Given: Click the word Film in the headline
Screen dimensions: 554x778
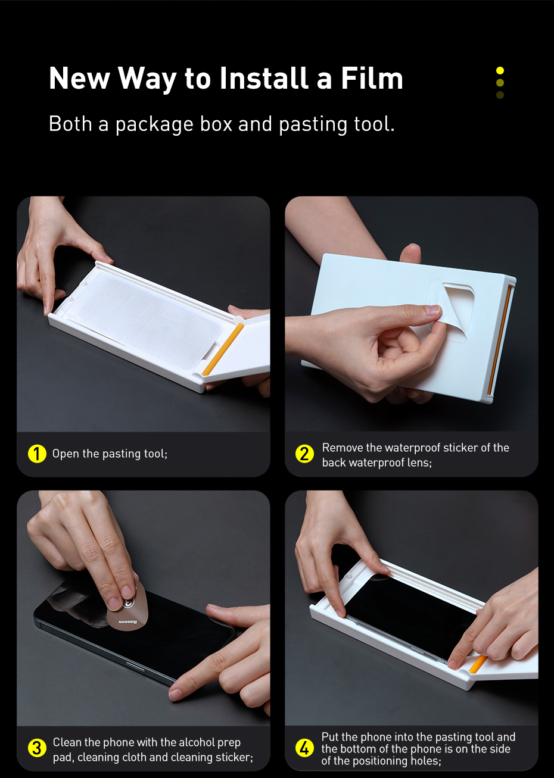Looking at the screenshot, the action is (372, 78).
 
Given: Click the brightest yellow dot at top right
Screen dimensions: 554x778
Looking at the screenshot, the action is (500, 70).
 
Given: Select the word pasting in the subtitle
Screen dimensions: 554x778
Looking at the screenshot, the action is (313, 124).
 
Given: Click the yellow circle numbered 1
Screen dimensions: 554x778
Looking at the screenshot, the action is (37, 454).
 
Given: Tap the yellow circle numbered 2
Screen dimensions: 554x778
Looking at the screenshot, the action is (304, 454).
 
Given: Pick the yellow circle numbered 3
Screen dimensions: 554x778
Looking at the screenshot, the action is (37, 748).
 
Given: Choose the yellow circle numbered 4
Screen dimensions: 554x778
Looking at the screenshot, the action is (304, 748).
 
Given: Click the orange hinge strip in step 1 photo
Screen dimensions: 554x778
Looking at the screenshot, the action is (223, 349).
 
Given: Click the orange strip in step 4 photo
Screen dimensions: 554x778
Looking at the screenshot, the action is (478, 663).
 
